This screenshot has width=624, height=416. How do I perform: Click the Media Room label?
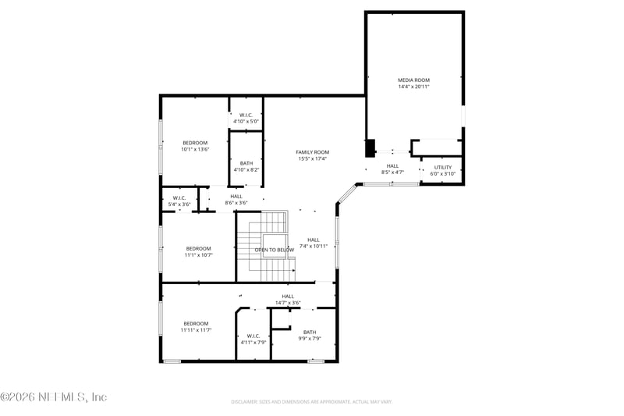pyautogui.click(x=413, y=80)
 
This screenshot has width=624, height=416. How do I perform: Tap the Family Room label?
pyautogui.click(x=312, y=152)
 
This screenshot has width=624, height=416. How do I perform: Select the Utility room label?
pyautogui.click(x=443, y=167)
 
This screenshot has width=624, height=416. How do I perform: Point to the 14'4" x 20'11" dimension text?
pyautogui.click(x=413, y=87)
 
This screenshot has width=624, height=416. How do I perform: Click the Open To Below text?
pyautogui.click(x=274, y=250)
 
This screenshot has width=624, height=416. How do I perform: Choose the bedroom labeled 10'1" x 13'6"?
pyautogui.click(x=195, y=143)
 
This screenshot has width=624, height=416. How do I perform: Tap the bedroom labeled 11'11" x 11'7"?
pyautogui.click(x=196, y=324)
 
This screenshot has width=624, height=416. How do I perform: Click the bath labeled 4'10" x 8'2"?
pyautogui.click(x=246, y=163)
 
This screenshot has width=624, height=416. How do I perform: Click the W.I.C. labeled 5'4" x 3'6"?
pyautogui.click(x=179, y=198)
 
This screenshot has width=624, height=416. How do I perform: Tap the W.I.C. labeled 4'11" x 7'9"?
pyautogui.click(x=253, y=336)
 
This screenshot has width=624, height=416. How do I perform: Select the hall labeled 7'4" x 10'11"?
pyautogui.click(x=313, y=240)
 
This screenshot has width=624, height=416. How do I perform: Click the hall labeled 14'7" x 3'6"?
pyautogui.click(x=288, y=297)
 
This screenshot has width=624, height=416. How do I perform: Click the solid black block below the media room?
pyautogui.click(x=370, y=147)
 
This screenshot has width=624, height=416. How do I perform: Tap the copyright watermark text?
pyautogui.click(x=54, y=397)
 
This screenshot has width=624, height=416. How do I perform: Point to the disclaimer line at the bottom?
pyautogui.click(x=312, y=402)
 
